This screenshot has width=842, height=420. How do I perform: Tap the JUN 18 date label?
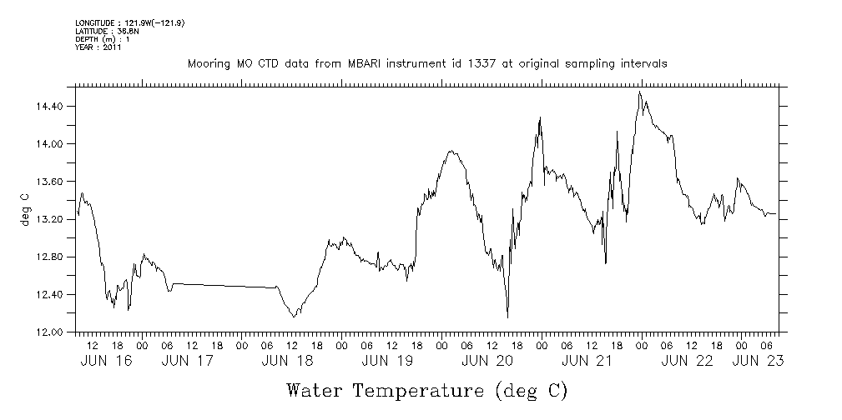(288, 361)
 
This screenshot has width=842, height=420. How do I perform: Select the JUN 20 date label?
(487, 361)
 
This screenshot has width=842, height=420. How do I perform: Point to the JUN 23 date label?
(758, 361)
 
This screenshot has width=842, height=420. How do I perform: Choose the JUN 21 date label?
(587, 361)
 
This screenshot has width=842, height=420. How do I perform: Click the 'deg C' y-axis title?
(24, 209)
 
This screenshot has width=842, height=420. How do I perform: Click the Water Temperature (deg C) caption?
(427, 390)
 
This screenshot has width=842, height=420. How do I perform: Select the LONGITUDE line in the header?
(129, 22)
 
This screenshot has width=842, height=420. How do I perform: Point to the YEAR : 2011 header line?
(98, 47)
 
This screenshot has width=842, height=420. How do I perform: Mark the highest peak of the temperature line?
(639, 92)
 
